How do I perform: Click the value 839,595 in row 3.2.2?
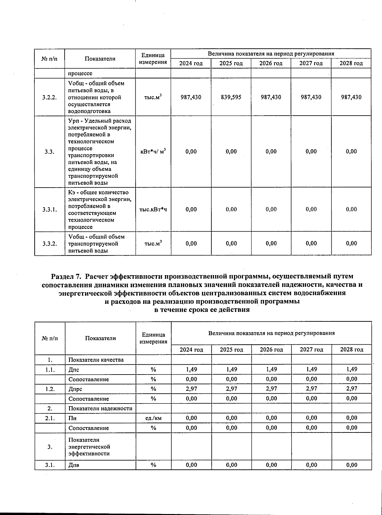coord(231,97)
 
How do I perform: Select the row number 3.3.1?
coord(49,210)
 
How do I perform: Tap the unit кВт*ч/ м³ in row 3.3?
coord(153,152)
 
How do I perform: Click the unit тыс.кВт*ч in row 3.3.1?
coord(153,210)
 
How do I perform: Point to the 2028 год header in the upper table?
coord(351,63)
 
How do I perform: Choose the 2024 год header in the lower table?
coord(191,350)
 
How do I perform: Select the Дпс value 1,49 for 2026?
coord(271,369)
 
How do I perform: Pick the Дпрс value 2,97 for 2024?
coord(191,389)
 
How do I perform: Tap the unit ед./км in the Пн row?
coord(153,418)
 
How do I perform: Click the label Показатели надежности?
coord(100,409)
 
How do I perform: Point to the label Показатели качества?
coord(96,360)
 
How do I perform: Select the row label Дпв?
coord(74,465)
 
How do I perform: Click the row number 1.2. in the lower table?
coord(50,389)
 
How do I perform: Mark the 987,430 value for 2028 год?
coord(351,97)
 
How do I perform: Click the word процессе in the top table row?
coord(80,74)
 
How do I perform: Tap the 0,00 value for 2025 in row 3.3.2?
coord(231,244)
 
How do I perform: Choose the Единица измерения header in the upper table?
coord(153,59)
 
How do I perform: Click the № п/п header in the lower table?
coord(50,338)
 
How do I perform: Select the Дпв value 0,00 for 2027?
coord(311,465)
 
